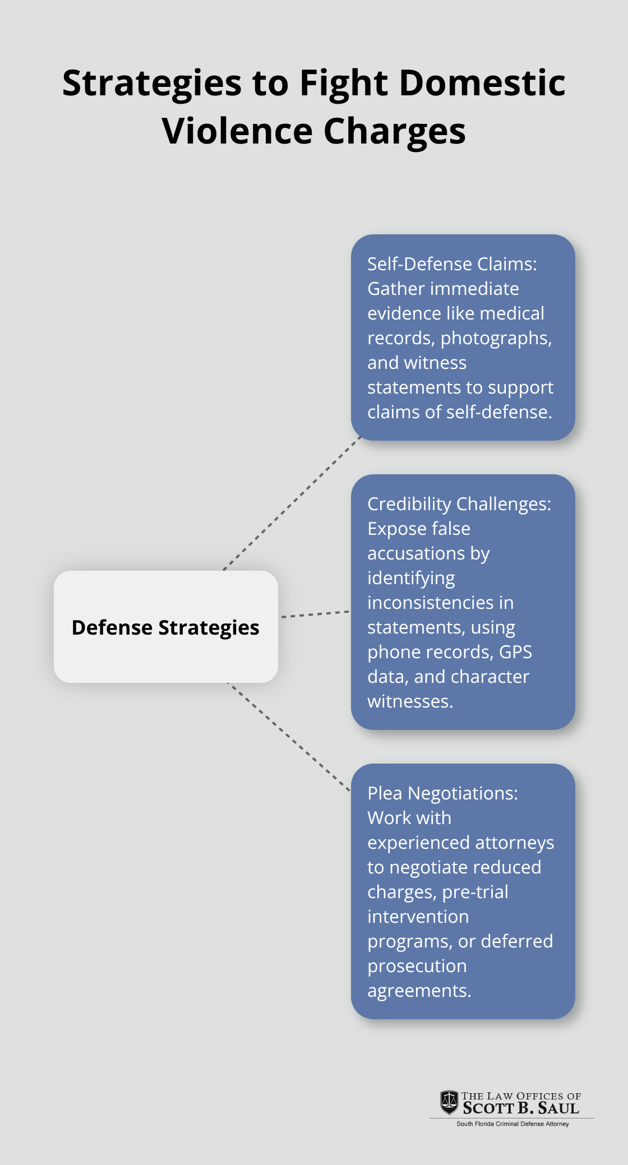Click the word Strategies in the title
151,84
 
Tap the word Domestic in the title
482,82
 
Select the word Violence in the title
237,131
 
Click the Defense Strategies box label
165,627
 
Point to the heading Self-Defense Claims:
452,264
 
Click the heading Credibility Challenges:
459,504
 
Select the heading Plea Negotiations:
442,793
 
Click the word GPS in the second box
515,652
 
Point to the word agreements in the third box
418,991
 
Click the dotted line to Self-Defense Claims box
292,503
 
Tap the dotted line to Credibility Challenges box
315,614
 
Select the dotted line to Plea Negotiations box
288,737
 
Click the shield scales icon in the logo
449,1102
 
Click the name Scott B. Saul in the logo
521,1108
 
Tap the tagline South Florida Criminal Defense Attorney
512,1124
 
